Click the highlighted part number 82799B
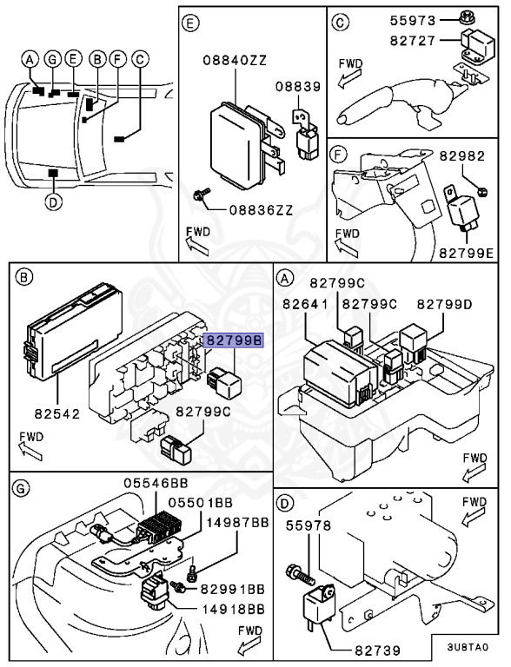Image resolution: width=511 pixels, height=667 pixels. [x=234, y=340]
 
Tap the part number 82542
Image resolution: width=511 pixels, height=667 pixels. [x=57, y=413]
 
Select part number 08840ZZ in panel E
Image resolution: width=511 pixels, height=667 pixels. [x=235, y=61]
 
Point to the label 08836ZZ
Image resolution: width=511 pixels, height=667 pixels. [x=262, y=209]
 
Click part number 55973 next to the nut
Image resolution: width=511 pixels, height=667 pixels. [x=413, y=21]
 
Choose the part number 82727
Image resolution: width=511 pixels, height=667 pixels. [x=413, y=41]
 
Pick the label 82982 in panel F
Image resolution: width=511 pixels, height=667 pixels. [x=462, y=156]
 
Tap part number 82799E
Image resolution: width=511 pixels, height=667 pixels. [x=467, y=253]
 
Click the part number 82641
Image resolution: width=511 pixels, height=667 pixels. [x=305, y=304]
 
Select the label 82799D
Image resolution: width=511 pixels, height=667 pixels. [x=445, y=304]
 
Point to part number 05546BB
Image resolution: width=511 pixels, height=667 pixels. [x=156, y=483]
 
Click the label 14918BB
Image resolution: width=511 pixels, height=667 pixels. [x=233, y=609]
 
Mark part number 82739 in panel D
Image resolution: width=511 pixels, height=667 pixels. [x=378, y=650]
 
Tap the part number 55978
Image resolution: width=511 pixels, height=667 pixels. [x=309, y=525]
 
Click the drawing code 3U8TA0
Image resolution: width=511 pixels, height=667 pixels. [x=468, y=647]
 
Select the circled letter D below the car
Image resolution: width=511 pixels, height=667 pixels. [x=53, y=202]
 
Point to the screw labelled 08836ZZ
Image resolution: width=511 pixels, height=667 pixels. [x=202, y=195]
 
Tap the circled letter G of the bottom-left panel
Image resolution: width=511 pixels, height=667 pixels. [x=21, y=488]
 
